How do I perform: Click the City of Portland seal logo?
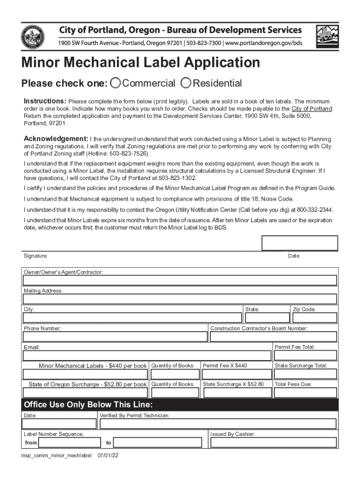click(x=33, y=37)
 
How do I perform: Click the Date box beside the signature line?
click(x=299, y=243)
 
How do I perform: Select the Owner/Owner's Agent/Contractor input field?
click(x=180, y=280)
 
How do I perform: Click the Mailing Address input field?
click(x=180, y=299)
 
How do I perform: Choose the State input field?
click(x=266, y=318)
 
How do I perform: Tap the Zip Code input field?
click(x=314, y=318)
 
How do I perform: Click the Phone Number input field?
click(x=115, y=337)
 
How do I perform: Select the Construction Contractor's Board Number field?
click(x=273, y=337)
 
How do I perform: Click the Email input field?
click(x=147, y=356)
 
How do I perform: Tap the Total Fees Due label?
click(x=293, y=385)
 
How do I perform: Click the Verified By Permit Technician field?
click(x=217, y=424)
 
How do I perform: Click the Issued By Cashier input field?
click(x=273, y=443)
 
